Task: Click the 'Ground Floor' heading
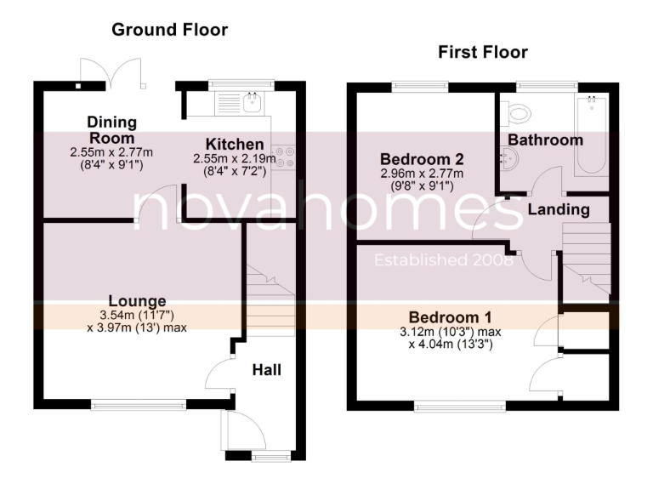(170, 30)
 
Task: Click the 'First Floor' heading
(482, 53)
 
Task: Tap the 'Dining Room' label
(111, 130)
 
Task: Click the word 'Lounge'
(137, 301)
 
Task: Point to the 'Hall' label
(266, 370)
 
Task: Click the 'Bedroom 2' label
(422, 159)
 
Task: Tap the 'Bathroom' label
(546, 140)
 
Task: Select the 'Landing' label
(558, 209)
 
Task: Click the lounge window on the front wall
(139, 406)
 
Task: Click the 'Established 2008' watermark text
(443, 260)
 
